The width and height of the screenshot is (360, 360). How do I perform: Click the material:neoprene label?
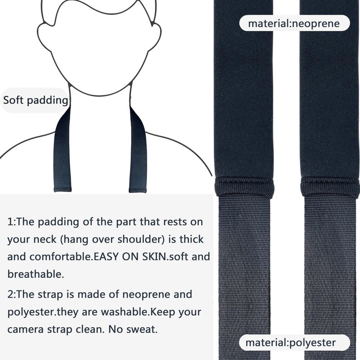tap(294, 24)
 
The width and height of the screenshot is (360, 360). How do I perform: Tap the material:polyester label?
tap(290, 343)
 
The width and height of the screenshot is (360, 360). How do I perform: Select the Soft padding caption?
tap(35, 100)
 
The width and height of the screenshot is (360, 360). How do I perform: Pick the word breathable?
tap(35, 274)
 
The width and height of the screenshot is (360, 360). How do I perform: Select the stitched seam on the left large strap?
tap(245, 187)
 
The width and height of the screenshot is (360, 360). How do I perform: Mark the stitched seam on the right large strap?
tap(330, 187)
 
